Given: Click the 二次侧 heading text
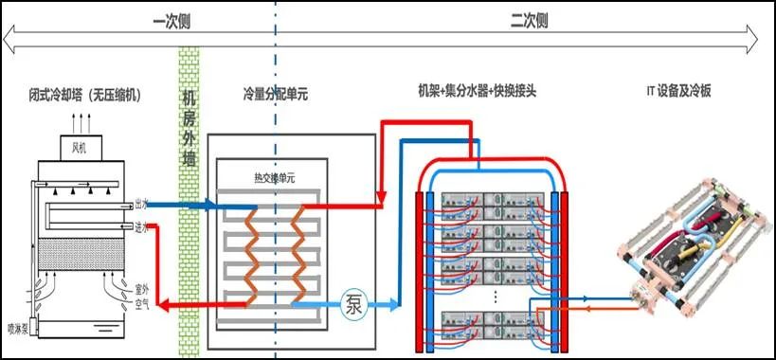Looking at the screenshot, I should click(x=528, y=19).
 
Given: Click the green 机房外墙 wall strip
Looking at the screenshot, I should click(x=189, y=189).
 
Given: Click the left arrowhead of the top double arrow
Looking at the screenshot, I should click(x=8, y=38).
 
